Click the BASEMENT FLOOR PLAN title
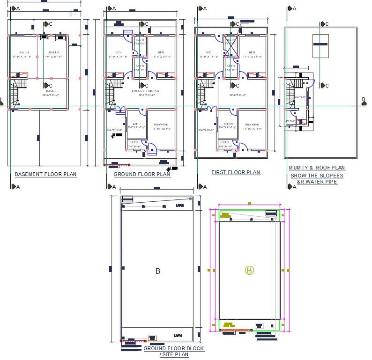coord(45,174)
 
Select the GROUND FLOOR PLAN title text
coord(142,174)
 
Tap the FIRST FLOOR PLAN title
coord(236,172)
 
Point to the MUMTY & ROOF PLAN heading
coord(317,168)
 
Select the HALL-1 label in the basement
coord(23,52)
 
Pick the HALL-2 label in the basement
coord(53,52)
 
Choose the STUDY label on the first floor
coord(228,124)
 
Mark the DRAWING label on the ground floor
coord(161,125)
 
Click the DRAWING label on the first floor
coord(252,125)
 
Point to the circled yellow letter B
coord(249,270)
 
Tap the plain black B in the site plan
coord(158,271)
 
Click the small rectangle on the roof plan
coord(320,46)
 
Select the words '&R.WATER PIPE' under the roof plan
coord(317,182)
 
